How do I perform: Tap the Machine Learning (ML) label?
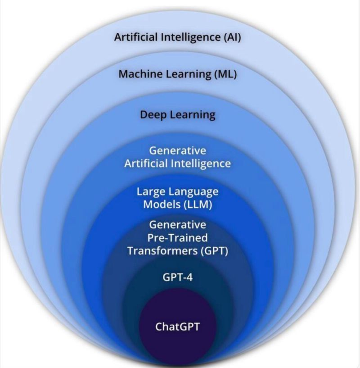[178, 74]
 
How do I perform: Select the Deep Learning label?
[178, 115]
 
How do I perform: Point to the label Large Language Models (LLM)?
[178, 198]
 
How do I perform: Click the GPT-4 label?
[178, 277]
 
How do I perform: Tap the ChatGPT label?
[177, 326]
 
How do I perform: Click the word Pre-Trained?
[178, 237]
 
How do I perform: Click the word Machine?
[139, 74]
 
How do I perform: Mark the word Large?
[151, 191]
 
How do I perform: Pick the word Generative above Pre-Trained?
[178, 224]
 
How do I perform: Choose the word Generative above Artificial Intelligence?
[178, 150]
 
